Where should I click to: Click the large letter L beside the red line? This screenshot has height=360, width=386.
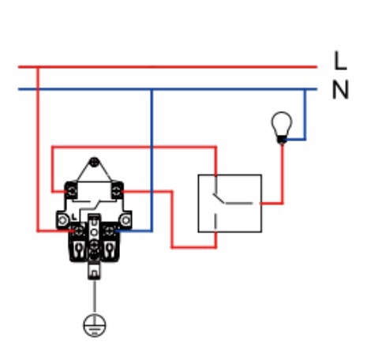tap(340, 61)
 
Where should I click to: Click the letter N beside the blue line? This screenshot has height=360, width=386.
tap(340, 89)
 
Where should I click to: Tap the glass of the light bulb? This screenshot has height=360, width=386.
tap(282, 123)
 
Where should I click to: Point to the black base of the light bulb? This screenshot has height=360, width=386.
tap(282, 140)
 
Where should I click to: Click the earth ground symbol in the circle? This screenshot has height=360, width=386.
tap(95, 325)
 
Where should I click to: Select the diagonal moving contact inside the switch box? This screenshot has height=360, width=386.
tap(219, 198)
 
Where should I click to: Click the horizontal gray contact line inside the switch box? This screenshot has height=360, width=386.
tap(239, 203)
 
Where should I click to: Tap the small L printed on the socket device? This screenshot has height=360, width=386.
tap(74, 217)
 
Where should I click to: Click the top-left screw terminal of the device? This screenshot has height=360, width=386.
tap(71, 191)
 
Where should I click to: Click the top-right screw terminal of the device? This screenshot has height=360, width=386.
tap(117, 191)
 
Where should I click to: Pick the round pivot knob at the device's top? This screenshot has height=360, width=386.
tap(94, 162)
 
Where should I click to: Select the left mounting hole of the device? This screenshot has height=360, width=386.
tap(62, 220)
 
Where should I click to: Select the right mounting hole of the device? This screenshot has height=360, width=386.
tap(126, 220)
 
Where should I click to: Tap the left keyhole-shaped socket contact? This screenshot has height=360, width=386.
tap(79, 249)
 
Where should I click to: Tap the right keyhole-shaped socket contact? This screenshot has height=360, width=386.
tap(109, 249)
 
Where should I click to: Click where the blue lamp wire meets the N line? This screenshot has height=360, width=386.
tap(305, 89)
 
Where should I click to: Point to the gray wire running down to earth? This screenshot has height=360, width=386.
tap(95, 297)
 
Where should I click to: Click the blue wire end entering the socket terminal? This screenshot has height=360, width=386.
tap(117, 231)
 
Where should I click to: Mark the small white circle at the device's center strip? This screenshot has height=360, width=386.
tap(94, 232)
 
